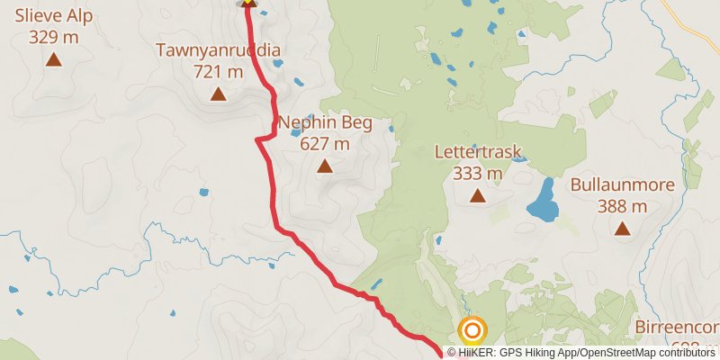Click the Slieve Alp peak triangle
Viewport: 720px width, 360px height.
coord(54,60)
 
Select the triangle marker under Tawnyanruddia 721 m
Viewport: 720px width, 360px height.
coord(218,94)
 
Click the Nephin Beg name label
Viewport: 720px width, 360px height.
coord(325,122)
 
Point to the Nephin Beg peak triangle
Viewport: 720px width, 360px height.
coord(325,166)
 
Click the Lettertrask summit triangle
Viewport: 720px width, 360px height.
coord(477,195)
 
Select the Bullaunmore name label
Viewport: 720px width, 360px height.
coord(622,185)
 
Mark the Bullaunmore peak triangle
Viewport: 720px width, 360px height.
coord(622,229)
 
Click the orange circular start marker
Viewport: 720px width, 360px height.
coord(472,329)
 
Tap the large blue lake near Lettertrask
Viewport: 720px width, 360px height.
coord(541,202)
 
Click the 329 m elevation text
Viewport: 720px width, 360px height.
coord(53,37)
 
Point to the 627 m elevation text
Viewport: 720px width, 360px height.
coord(325,143)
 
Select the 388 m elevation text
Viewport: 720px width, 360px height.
coord(622,206)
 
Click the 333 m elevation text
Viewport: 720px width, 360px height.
coord(477,173)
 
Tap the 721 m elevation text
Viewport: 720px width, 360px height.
coord(218,71)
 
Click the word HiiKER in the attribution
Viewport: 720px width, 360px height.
coord(478,352)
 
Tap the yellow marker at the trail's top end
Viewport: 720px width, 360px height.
coord(247,3)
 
